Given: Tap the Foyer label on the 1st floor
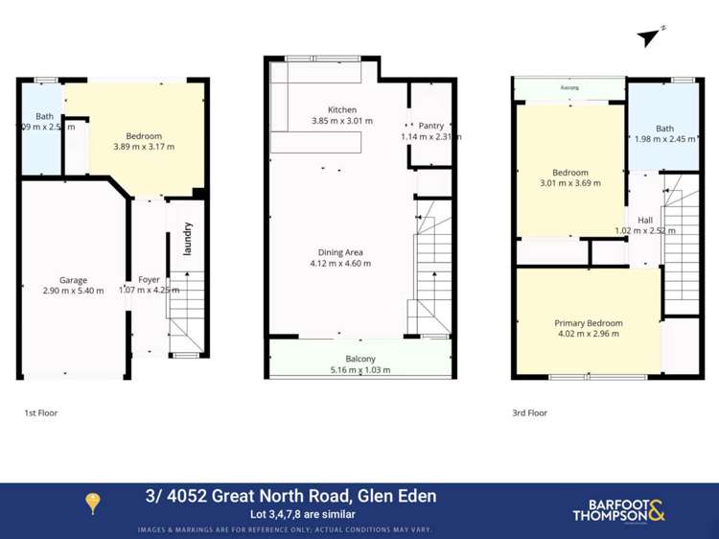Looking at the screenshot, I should pos(149,280).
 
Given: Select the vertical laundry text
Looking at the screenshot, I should pos(188,239).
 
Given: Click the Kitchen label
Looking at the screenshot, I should pos(342,109).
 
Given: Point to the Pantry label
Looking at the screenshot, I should pos(430,126).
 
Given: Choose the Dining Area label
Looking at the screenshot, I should pos(340,252).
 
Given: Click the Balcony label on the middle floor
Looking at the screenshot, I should pos(360,360).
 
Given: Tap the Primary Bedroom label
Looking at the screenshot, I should pos(588,323).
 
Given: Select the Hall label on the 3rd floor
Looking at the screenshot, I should pos(644,220).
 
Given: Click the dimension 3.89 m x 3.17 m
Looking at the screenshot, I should pos(144,148).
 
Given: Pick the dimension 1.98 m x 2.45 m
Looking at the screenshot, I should pos(664,139).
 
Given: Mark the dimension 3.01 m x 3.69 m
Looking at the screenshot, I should pos(569,183).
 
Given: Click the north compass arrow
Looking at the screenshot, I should pos(648,37).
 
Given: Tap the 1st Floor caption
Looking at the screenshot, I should pos(41,413).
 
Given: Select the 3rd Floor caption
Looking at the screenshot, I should pos(529,413).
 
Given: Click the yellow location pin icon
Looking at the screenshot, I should pos(93,504).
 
